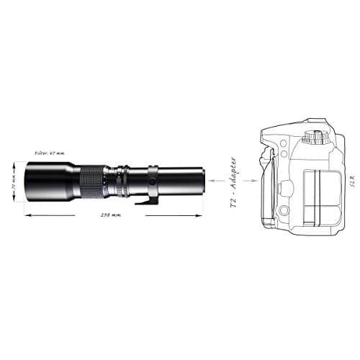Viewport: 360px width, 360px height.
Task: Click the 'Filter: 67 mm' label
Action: (50, 153)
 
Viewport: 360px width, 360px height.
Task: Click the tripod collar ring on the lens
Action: (153, 179)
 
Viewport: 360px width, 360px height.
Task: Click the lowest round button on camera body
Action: (284, 211)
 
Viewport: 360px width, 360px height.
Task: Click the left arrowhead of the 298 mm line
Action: (27, 215)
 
